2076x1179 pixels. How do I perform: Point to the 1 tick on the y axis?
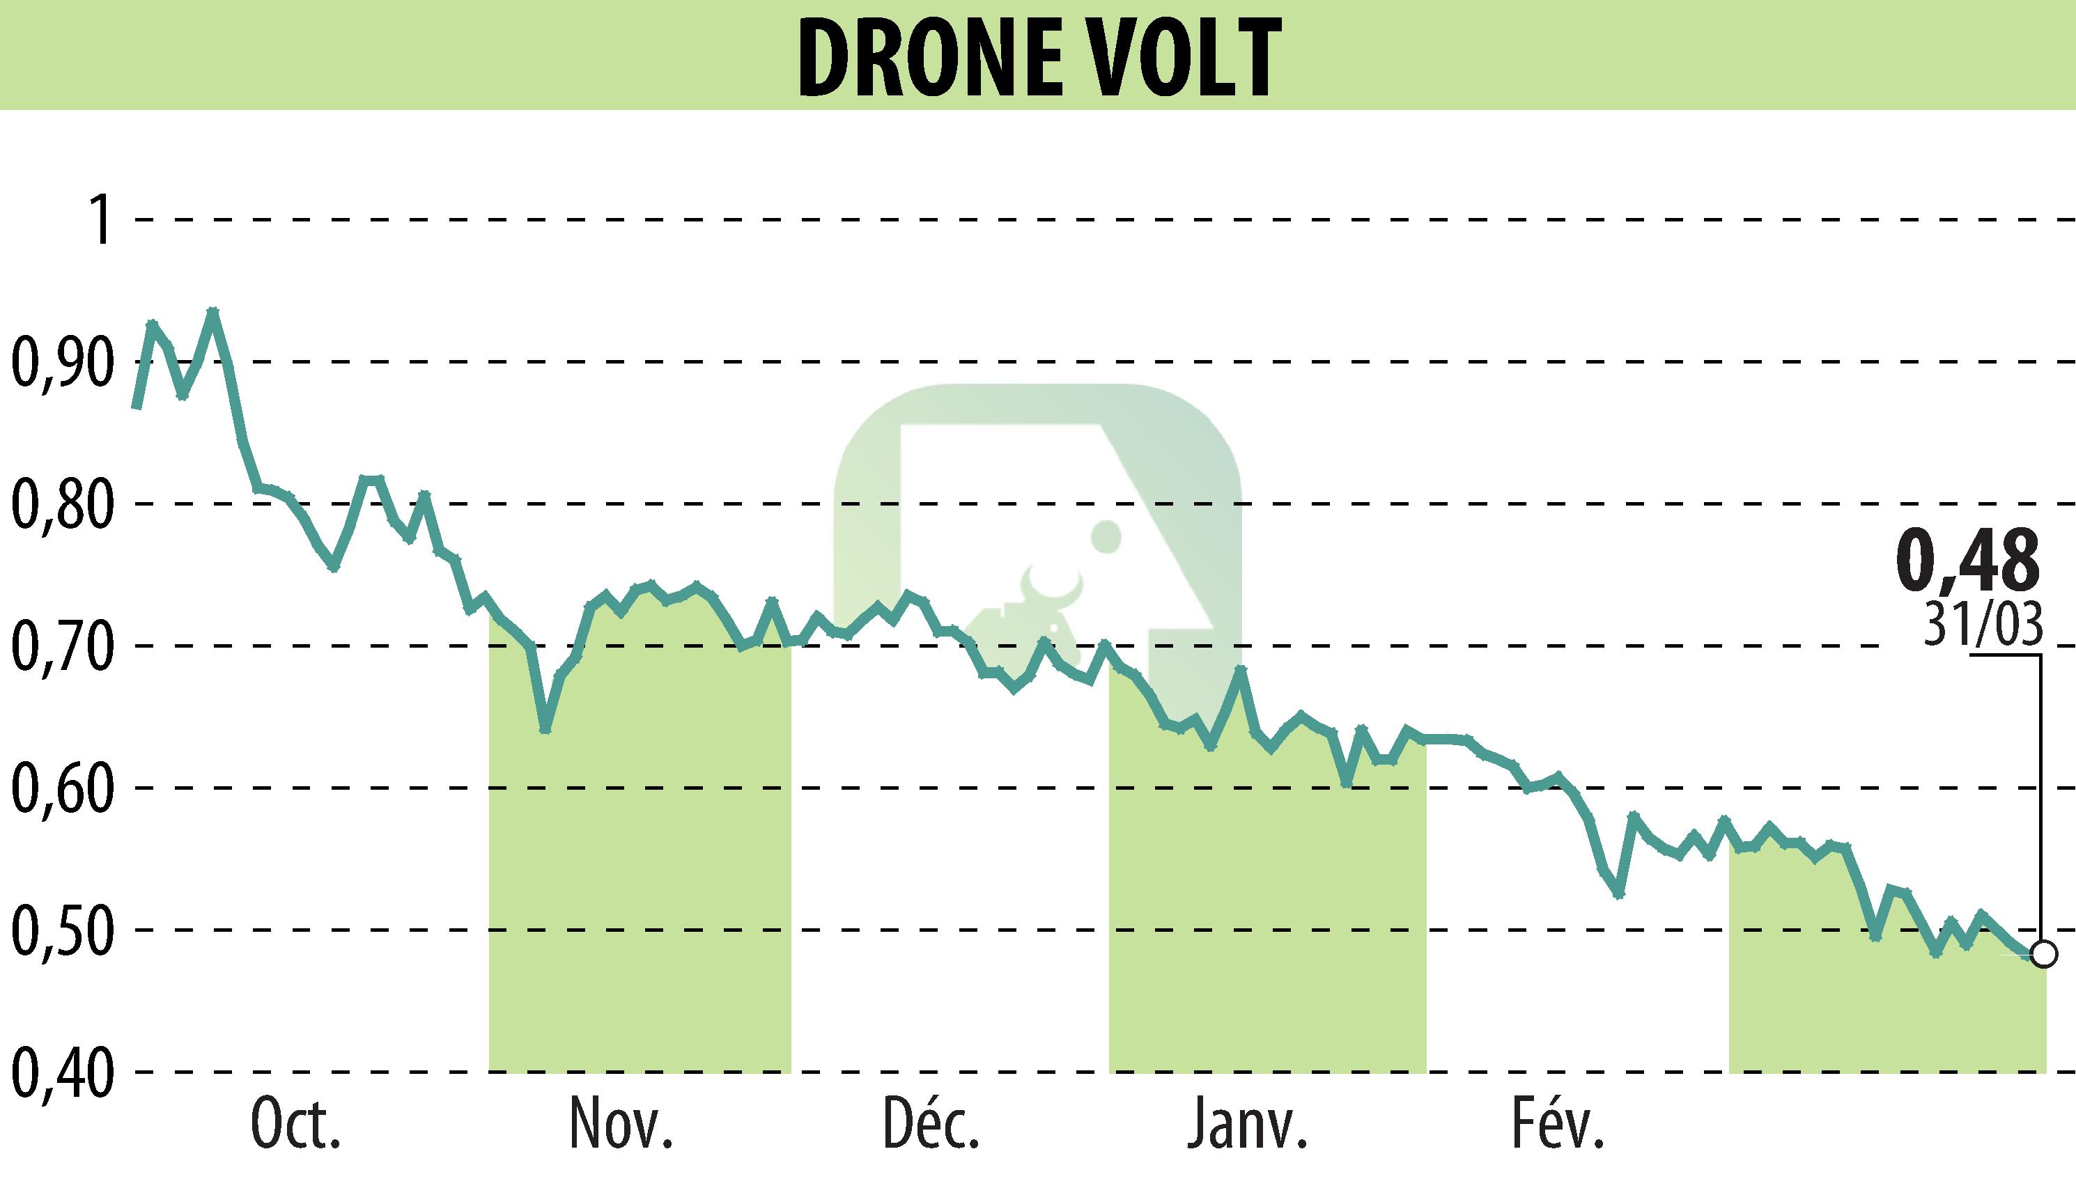click(101, 219)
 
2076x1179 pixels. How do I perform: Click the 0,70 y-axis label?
click(61, 646)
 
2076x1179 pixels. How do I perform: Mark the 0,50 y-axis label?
click(61, 930)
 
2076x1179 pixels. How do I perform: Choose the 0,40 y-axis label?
click(61, 1072)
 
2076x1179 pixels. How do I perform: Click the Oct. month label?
click(295, 1125)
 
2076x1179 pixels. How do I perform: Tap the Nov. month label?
click(621, 1125)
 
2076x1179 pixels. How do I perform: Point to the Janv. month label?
click(1248, 1125)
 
